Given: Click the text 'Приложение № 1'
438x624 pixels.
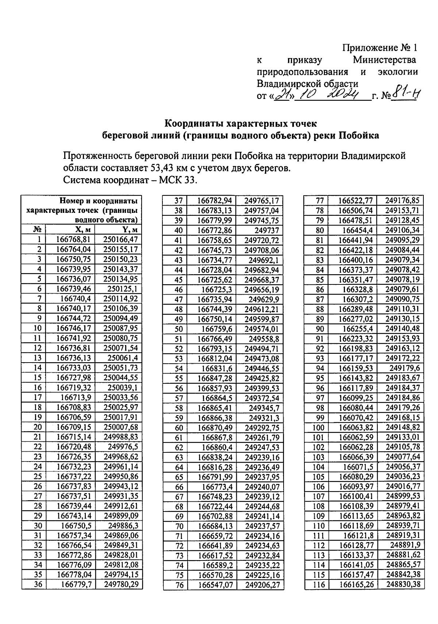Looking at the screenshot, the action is [x=379, y=48].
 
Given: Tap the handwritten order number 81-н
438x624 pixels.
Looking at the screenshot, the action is [x=405, y=96].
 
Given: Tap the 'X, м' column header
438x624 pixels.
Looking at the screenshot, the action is [x=84, y=230].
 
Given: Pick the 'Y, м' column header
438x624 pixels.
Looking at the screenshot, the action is [x=130, y=230].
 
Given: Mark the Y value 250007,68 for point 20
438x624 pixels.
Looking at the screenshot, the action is [x=121, y=427].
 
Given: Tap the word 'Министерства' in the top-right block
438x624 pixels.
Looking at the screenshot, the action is [x=384, y=60].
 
